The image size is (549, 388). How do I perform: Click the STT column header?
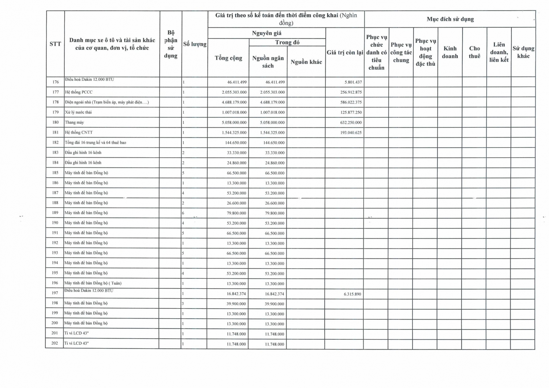coord(55,44)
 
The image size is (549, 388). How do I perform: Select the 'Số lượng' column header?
coord(195,44)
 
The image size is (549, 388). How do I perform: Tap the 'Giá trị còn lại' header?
coord(345,52)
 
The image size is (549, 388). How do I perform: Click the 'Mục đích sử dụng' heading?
coord(450,19)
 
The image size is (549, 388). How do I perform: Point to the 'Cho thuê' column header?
coord(474,52)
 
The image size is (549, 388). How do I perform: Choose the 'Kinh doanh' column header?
coord(450,52)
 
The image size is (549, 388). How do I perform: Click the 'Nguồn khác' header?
coord(306,62)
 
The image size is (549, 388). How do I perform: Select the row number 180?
coord(55,123)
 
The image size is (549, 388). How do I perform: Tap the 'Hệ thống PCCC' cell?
coord(79,92)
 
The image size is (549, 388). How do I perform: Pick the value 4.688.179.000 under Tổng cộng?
coord(234,102)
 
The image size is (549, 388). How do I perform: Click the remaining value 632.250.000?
coord(351,123)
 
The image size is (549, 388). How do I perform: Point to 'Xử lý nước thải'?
coord(78,112)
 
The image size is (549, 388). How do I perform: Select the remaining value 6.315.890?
coord(352,294)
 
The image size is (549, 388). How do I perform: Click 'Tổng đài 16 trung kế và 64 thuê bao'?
coord(95,143)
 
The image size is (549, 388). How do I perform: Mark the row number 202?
coord(55,343)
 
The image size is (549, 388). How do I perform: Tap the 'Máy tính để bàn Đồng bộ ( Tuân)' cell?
coord(93,283)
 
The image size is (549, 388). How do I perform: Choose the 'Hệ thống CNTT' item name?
coord(79,132)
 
